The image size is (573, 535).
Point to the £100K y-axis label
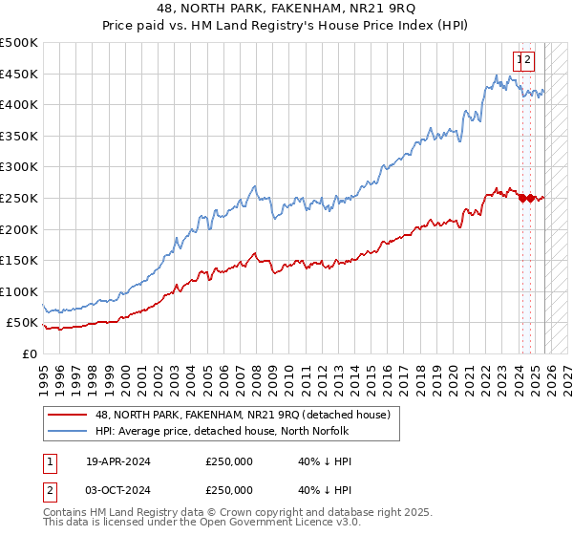point(20,291)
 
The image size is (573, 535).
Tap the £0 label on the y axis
point(29,353)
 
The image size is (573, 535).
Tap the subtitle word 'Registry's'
point(331,27)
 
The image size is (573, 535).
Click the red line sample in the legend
point(70,416)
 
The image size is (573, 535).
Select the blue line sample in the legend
point(70,432)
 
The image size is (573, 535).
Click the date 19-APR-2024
point(118,461)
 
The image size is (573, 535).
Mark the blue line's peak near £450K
point(497,75)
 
